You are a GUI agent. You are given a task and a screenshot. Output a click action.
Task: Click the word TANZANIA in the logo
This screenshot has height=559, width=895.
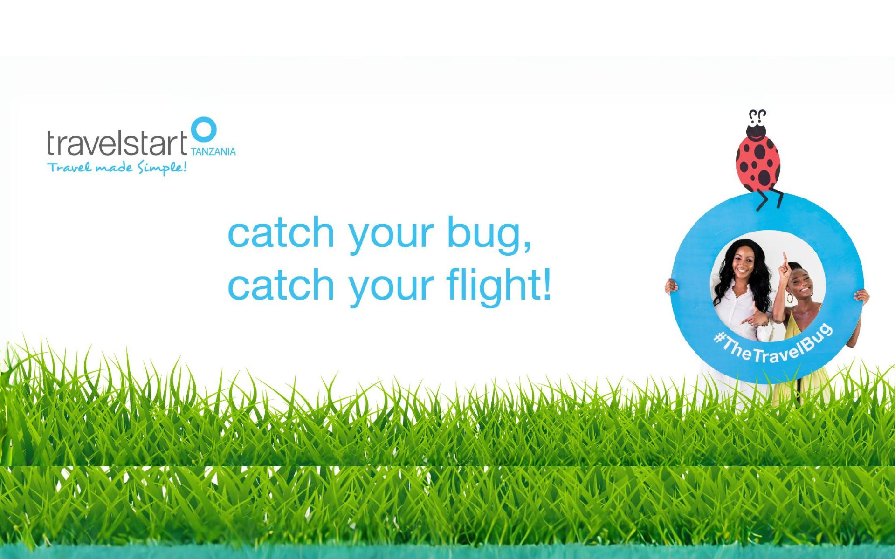pos(213,151)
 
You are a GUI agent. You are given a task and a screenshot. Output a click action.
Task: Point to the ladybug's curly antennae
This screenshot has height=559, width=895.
pos(757,116)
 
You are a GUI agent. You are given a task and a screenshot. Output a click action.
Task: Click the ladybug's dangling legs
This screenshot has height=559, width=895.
pos(769,199)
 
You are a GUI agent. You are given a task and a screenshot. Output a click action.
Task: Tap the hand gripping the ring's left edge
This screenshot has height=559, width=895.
pos(671,285)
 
